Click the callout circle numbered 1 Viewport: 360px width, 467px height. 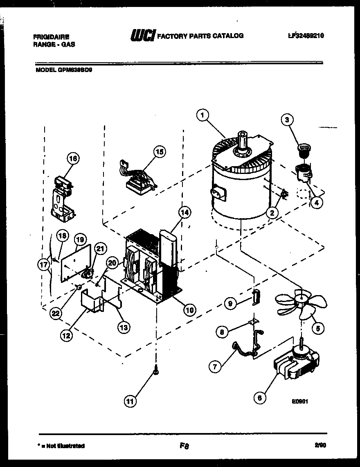(x=201, y=116)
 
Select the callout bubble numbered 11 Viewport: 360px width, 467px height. (x=130, y=401)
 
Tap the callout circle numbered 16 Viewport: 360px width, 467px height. (x=74, y=158)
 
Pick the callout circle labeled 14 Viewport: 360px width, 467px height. (x=184, y=212)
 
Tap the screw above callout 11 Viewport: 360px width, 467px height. (x=156, y=371)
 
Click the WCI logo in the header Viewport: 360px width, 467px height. (x=142, y=36)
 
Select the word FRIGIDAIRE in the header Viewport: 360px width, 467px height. (x=51, y=36)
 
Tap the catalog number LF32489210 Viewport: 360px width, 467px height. (x=306, y=36)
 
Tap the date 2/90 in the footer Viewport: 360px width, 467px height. (x=320, y=445)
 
